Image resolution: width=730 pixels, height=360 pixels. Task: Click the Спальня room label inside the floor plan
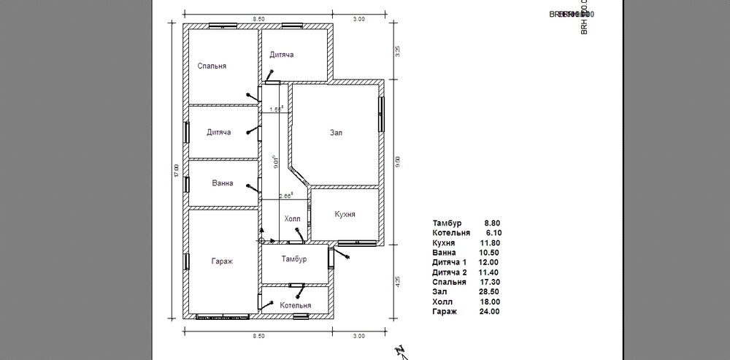212,66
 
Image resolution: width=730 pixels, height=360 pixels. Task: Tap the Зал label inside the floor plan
336,133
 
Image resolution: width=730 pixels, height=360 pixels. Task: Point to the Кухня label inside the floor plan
345,215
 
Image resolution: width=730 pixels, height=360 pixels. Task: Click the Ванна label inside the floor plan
222,183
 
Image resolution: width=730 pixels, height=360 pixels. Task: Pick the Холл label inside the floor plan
291,218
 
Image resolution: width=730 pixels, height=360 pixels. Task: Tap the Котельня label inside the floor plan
295,305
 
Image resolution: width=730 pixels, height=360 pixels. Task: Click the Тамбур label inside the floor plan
293,259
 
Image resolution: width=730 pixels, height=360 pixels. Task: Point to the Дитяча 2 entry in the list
448,272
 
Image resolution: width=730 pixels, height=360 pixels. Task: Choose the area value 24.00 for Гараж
489,312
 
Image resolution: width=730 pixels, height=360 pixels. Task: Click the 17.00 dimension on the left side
176,170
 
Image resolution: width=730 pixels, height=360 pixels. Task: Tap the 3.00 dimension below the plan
358,336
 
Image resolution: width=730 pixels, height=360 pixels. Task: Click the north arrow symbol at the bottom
400,351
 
